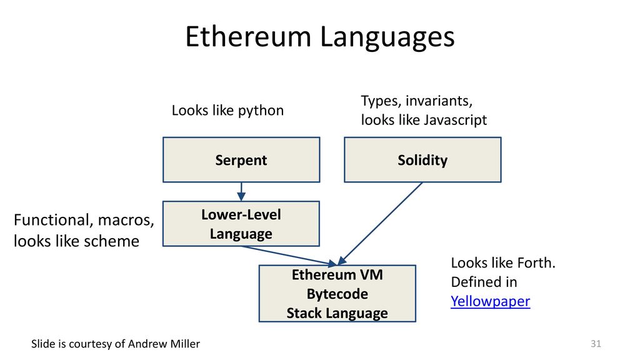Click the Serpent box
coord(241,159)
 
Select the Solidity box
coord(422,159)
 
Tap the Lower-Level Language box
coord(241,224)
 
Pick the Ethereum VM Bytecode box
coord(337,294)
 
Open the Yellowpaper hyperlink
coord(490,301)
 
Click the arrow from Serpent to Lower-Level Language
coord(241,191)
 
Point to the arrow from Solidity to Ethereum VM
coord(381,223)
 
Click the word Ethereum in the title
coord(248,37)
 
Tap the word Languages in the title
coord(387,38)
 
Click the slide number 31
coord(596,344)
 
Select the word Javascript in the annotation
coord(455,120)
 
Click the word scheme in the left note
coord(112,241)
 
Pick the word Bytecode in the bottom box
coord(337,294)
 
